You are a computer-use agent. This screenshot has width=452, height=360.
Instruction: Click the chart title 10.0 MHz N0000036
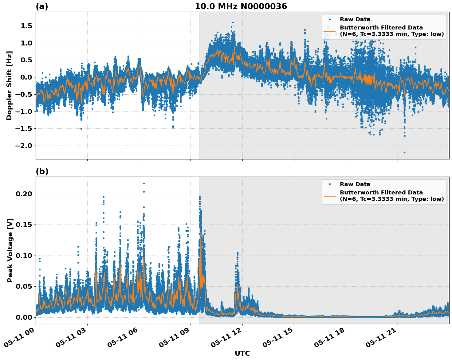[x=241, y=6]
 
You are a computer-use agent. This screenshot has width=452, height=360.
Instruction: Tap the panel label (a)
[x=42, y=6]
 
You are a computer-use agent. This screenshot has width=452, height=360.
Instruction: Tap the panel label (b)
[x=42, y=171]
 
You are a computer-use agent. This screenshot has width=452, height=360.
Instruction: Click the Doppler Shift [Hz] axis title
[x=9, y=85]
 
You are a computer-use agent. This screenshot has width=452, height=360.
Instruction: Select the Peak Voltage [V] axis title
[x=10, y=250]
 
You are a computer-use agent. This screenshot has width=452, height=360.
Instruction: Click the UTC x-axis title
[x=242, y=353]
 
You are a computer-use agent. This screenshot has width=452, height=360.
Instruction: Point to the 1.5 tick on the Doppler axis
[x=26, y=26]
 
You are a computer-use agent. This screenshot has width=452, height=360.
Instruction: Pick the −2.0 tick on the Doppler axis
[x=24, y=146]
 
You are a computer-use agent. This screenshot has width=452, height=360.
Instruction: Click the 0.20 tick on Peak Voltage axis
[x=24, y=194]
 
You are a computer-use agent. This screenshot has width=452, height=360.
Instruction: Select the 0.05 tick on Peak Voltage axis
[x=24, y=286]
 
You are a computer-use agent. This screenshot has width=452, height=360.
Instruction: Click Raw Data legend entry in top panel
[x=355, y=19]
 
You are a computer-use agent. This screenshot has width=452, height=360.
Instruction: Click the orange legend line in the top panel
[x=329, y=31]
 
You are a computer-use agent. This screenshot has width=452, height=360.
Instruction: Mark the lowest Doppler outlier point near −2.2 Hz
[x=404, y=152]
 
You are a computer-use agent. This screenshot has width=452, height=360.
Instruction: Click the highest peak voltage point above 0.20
[x=144, y=183]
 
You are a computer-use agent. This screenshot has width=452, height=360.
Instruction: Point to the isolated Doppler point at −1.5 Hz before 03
[x=81, y=129]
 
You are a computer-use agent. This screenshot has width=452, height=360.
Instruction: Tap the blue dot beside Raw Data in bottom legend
[x=329, y=184]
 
